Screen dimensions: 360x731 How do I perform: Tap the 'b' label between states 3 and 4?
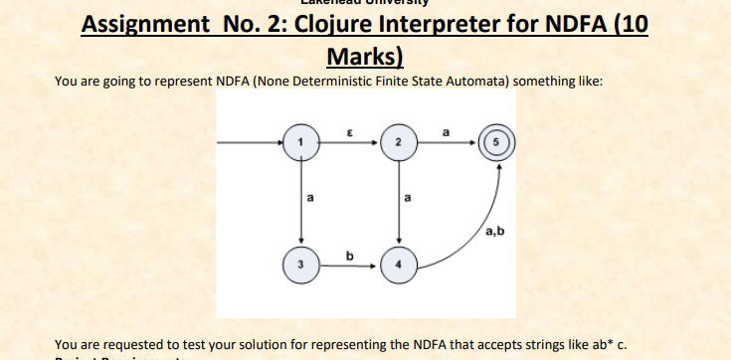point(348,257)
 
